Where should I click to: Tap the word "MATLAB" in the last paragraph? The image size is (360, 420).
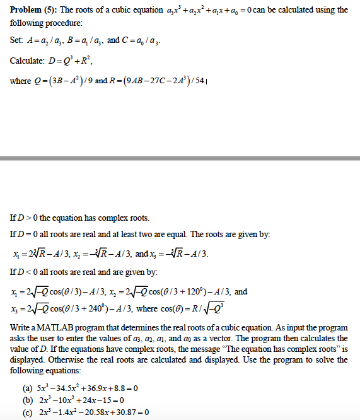tap(58, 329)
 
